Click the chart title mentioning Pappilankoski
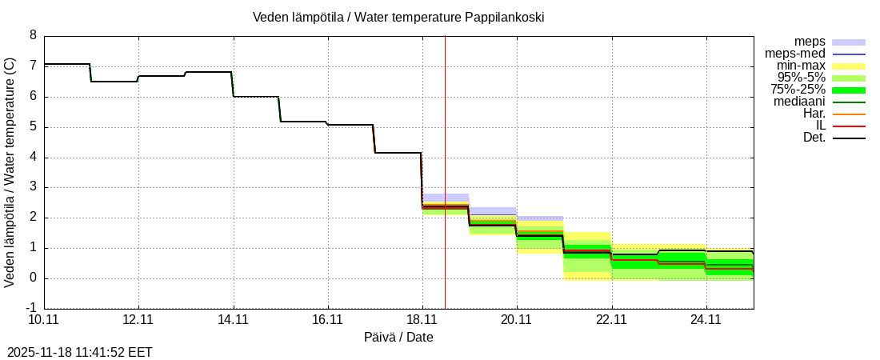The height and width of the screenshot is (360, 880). (x=398, y=17)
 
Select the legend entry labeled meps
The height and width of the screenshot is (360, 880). (x=810, y=42)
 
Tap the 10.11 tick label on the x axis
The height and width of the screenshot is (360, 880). (x=44, y=320)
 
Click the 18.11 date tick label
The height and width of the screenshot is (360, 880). (x=422, y=320)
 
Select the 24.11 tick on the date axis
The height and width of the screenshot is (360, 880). (x=706, y=320)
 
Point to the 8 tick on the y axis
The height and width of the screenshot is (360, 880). (x=33, y=35)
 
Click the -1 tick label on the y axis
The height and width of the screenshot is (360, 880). (x=30, y=309)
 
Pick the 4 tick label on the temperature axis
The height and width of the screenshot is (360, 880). (x=33, y=157)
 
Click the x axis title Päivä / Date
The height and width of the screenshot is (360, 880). (x=398, y=338)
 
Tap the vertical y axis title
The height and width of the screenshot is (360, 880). (x=10, y=172)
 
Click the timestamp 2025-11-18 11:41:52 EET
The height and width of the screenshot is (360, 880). (x=79, y=352)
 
